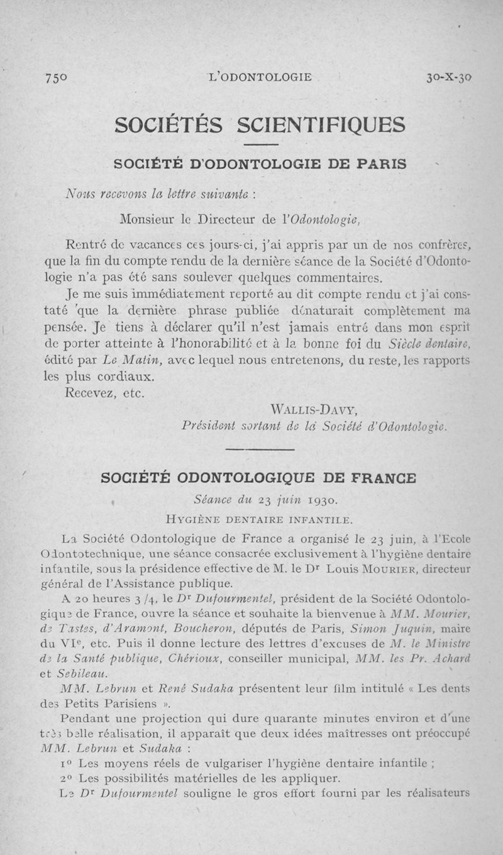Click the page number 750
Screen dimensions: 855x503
[x=56, y=78]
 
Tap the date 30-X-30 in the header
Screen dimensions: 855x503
[x=449, y=78]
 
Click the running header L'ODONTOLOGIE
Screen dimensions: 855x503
[x=260, y=77]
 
